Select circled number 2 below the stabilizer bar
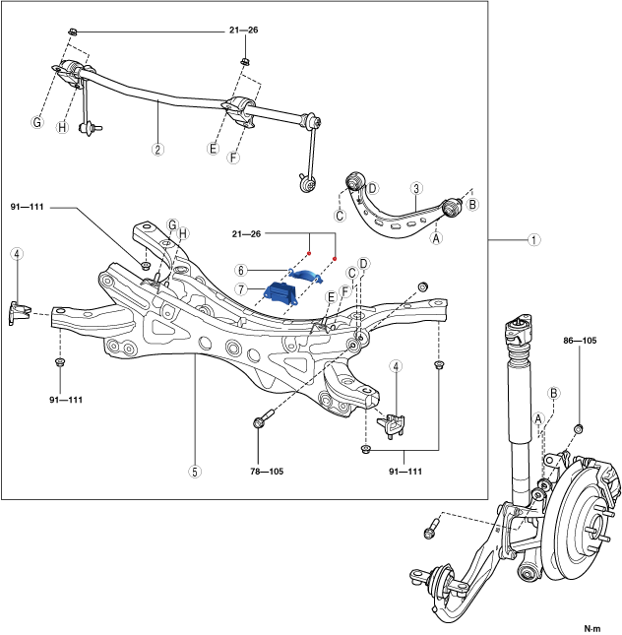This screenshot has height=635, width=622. click(157, 151)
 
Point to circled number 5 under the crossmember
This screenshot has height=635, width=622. click(195, 472)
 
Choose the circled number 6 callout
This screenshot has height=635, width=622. click(239, 270)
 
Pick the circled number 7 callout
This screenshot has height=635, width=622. click(239, 288)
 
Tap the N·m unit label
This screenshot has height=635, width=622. click(592, 627)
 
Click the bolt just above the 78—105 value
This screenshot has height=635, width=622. click(260, 422)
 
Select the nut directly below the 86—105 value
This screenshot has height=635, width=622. click(577, 428)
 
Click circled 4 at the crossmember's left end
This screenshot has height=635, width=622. click(17, 254)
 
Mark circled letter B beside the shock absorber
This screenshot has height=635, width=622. click(554, 392)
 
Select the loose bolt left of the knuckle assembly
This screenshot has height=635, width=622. click(430, 532)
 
